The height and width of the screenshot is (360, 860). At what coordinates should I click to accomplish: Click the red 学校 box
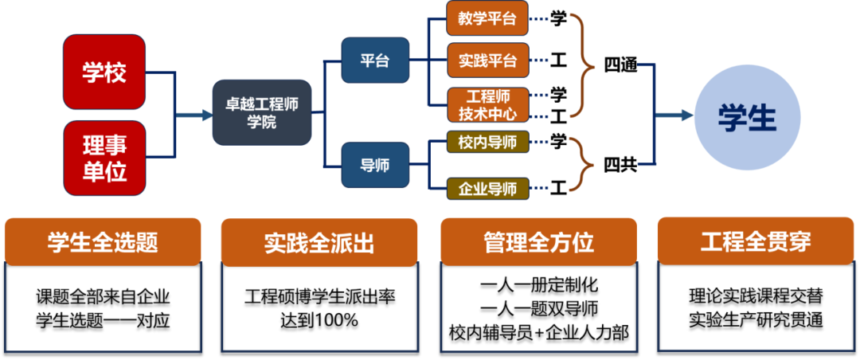click(x=104, y=72)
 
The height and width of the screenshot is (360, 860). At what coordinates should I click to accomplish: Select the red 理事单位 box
click(x=104, y=158)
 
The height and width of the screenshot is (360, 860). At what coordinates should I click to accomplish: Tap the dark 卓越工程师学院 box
click(x=261, y=112)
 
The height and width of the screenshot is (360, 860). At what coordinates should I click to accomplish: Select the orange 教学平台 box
click(x=487, y=18)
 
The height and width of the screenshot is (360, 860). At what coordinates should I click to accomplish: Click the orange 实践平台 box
click(x=487, y=60)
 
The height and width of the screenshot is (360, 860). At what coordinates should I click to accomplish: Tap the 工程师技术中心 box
click(x=487, y=105)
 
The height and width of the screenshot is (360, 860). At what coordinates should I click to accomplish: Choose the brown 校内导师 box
click(x=487, y=143)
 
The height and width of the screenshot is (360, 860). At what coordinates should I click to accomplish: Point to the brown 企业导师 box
click(x=487, y=189)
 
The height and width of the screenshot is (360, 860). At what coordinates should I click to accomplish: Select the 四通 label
click(x=620, y=65)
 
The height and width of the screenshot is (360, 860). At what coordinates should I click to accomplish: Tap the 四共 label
click(x=620, y=166)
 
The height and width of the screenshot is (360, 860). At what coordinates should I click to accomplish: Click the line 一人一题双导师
click(x=538, y=308)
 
